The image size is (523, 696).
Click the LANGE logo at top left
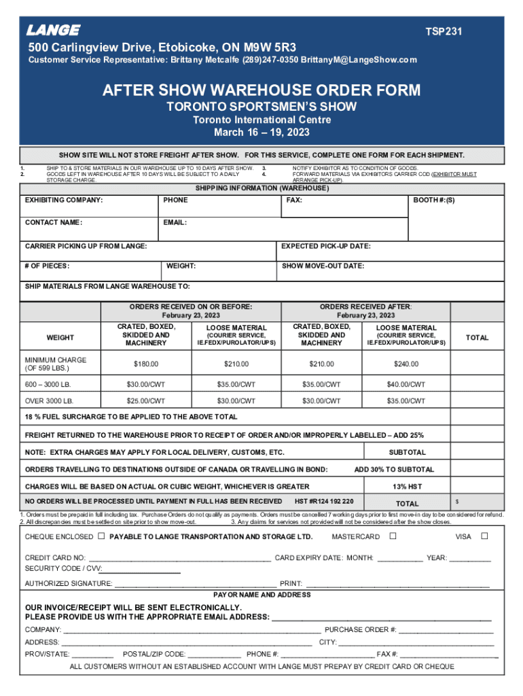coord(53,31)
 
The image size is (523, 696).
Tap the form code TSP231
coord(445,31)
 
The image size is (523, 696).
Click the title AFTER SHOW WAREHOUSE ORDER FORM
coord(261,90)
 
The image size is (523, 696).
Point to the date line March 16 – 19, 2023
coord(261,132)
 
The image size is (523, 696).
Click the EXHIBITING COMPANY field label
coord(64,201)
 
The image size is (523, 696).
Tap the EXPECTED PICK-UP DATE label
coord(326,246)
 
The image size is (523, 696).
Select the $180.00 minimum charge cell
coord(146,364)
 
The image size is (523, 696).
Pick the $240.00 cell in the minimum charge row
coord(405,364)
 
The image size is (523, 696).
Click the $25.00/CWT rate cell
coord(146,401)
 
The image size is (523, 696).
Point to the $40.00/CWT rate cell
coord(405,385)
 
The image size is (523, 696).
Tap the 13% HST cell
coord(408,487)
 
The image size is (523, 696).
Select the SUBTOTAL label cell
coord(408,452)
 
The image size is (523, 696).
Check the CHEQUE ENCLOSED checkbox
coord(101,536)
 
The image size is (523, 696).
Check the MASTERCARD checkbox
coord(393,536)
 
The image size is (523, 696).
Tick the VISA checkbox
coord(484,536)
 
